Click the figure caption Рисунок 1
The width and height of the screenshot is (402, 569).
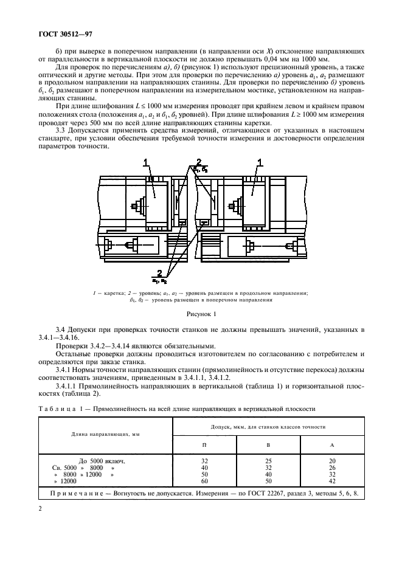200,314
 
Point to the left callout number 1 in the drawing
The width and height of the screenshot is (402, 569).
146,162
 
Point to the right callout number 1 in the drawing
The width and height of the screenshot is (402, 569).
260,162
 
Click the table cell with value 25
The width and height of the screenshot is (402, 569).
268,461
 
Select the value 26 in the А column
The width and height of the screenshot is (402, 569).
332,467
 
